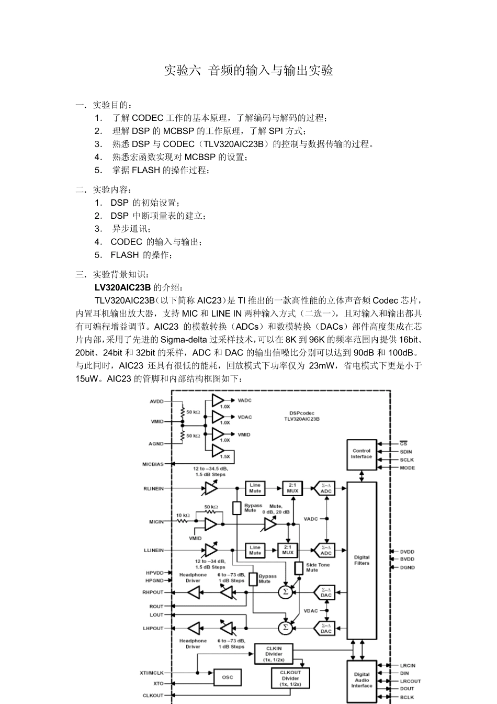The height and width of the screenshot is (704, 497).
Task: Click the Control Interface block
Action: tap(362, 454)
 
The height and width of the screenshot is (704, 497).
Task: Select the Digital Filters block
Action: tap(362, 560)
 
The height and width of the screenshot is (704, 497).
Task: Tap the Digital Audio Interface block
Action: tap(362, 680)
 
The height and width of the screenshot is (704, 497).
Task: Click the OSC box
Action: tap(228, 677)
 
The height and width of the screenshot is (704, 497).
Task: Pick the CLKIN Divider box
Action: tap(274, 654)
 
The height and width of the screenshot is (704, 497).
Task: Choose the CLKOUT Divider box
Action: tap(290, 678)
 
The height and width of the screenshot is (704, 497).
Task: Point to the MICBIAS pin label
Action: tap(153, 464)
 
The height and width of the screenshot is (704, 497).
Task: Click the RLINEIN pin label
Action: tap(153, 488)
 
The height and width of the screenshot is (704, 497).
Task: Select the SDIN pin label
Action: tap(406, 452)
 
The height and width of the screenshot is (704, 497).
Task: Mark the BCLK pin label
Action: tap(407, 697)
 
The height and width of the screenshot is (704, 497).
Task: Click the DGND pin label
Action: tap(407, 567)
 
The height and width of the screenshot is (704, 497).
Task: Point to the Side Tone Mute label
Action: tap(318, 567)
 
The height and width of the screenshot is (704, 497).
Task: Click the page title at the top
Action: tap(249, 71)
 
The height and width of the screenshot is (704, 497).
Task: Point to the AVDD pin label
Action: tap(156, 401)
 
